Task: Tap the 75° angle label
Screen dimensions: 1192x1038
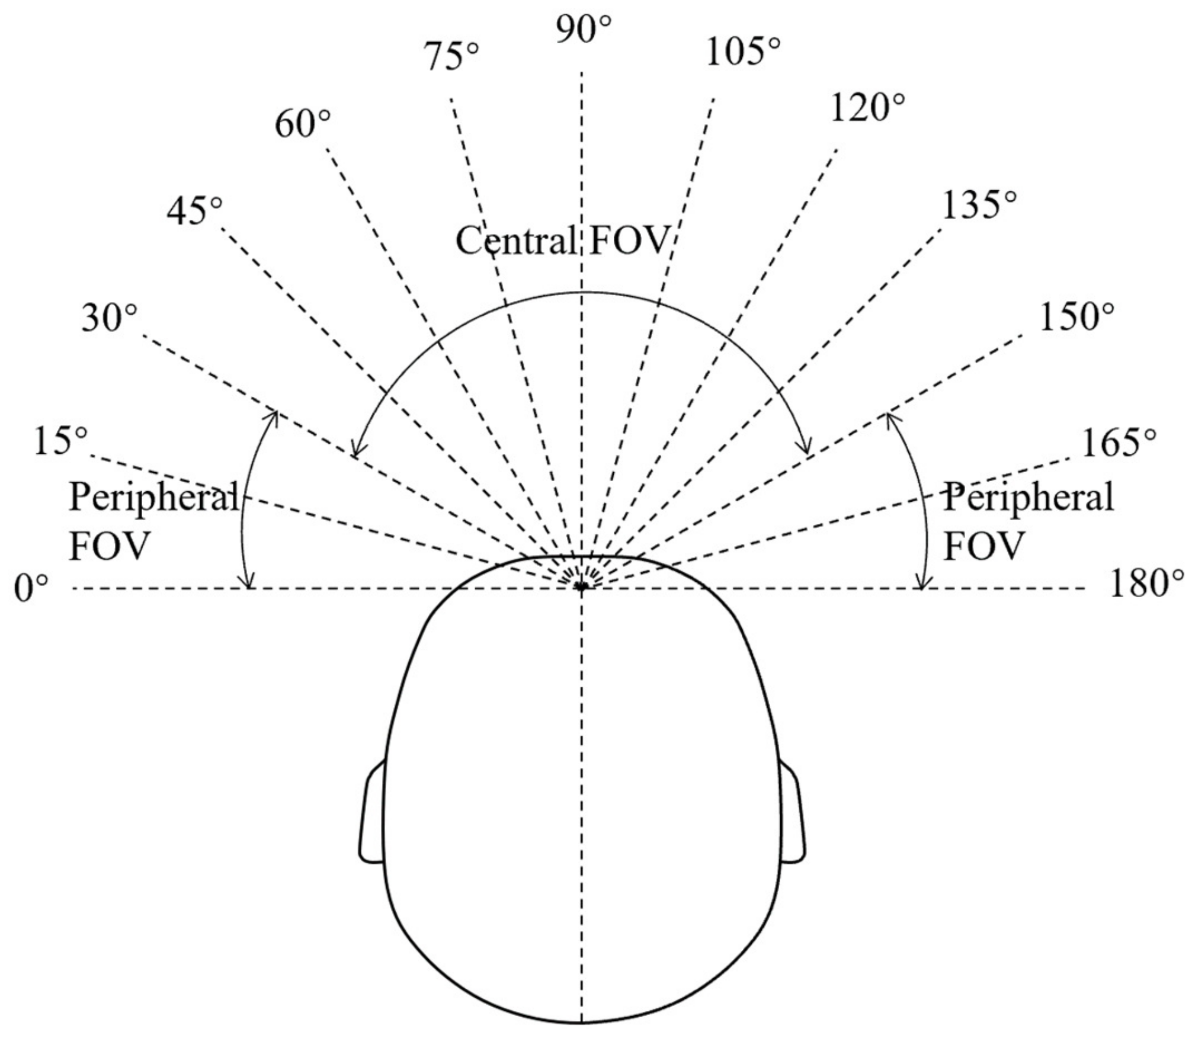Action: (x=451, y=58)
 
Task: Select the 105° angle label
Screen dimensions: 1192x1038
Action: (x=742, y=52)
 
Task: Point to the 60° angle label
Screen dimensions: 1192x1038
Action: (x=303, y=125)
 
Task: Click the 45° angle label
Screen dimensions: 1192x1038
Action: (x=195, y=212)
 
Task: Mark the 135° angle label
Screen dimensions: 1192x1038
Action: (x=979, y=205)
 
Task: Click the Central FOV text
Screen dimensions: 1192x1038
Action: (x=562, y=241)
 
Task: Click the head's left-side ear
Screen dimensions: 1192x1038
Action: (x=372, y=815)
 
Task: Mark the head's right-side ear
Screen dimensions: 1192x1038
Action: (x=792, y=815)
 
